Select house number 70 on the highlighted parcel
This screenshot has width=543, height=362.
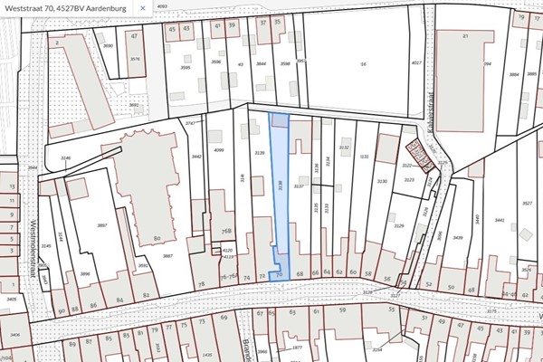[280, 273]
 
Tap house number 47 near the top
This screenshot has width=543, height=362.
[134, 36]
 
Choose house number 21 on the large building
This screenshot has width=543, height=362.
[464, 35]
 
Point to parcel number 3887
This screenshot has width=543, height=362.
[167, 256]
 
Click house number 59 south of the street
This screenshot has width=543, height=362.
[343, 310]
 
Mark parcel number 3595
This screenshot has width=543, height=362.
[185, 67]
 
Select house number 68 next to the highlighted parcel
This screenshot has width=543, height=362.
[300, 272]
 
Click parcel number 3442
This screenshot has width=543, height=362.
[196, 156]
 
